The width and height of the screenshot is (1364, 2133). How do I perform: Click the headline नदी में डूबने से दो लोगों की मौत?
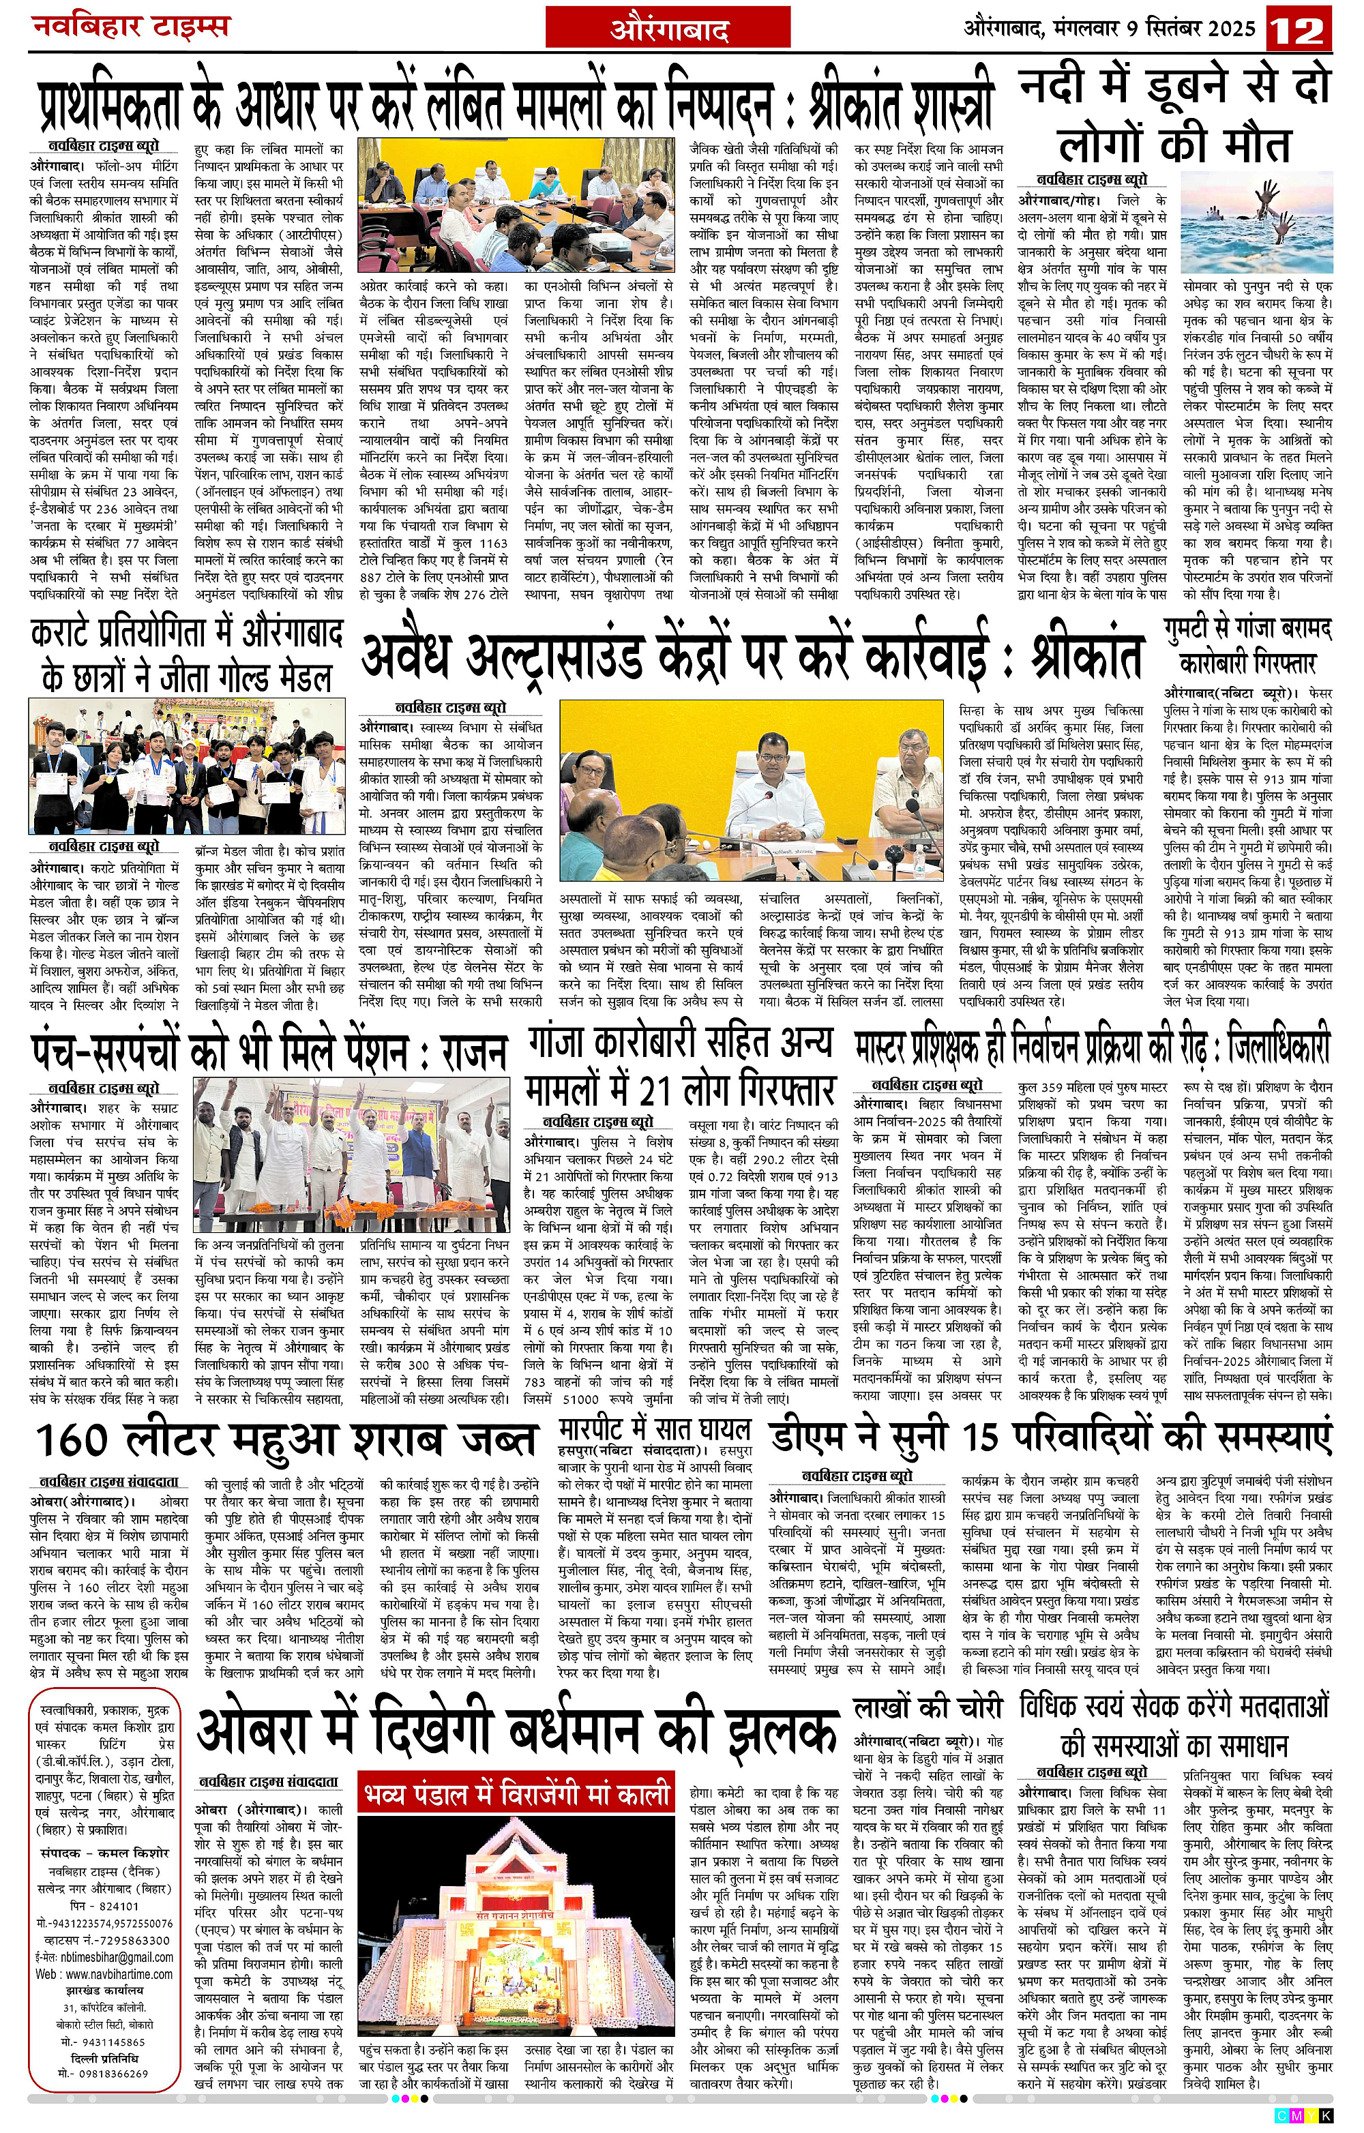click(x=1175, y=115)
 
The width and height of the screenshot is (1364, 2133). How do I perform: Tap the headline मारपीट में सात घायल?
click(x=655, y=1429)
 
